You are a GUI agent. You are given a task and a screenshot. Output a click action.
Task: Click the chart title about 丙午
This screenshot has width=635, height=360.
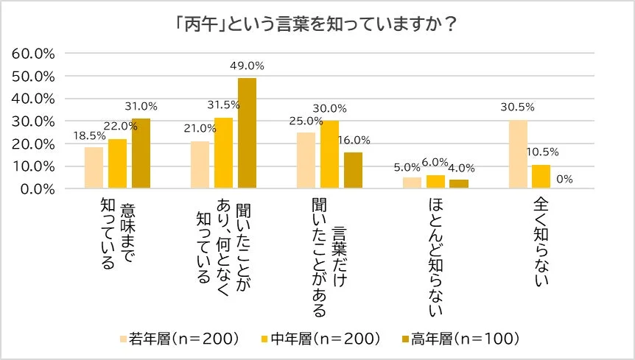pyautogui.click(x=317, y=24)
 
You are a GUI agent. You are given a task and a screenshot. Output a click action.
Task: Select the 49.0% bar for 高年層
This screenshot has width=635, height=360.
pyautogui.click(x=247, y=133)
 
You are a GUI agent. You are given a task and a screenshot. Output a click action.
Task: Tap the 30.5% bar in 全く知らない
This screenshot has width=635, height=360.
pyautogui.click(x=518, y=154)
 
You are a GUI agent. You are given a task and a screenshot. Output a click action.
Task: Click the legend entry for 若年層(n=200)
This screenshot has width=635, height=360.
pyautogui.click(x=180, y=339)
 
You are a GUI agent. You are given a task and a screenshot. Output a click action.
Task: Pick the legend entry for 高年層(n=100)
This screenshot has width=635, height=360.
pyautogui.click(x=459, y=339)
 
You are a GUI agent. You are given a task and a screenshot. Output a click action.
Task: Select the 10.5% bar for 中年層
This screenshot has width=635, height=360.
pyautogui.click(x=541, y=177)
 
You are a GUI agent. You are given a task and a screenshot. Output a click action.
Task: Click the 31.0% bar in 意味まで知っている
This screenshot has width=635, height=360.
pyautogui.click(x=141, y=153)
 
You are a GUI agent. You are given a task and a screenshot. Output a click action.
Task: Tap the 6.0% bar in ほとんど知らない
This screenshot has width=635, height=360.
pyautogui.click(x=435, y=182)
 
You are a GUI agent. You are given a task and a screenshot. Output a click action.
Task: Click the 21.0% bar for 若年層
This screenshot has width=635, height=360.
pyautogui.click(x=200, y=165)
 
